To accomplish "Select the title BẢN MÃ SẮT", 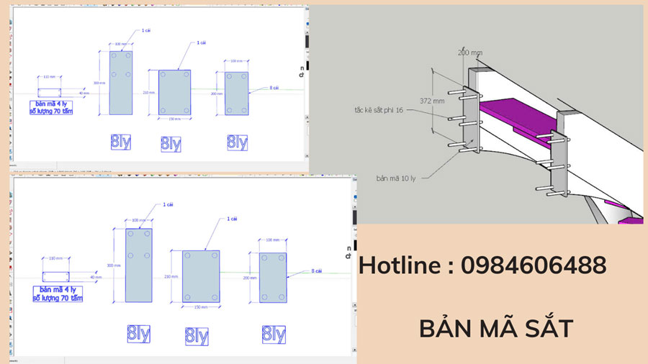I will pyautogui.click(x=496, y=329).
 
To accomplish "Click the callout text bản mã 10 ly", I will pyautogui.click(x=399, y=176).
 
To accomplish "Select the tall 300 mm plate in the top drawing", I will pyautogui.click(x=120, y=82).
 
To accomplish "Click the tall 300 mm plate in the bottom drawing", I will pyautogui.click(x=139, y=265).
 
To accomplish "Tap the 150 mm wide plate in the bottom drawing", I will pyautogui.click(x=201, y=276).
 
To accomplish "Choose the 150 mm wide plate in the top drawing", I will pyautogui.click(x=173, y=92).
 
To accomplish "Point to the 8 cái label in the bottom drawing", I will pyautogui.click(x=316, y=271).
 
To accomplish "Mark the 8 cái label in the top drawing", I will pyautogui.click(x=274, y=88).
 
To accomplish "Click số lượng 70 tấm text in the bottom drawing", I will pyautogui.click(x=57, y=297).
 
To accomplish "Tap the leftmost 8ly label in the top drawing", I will pyautogui.click(x=120, y=141).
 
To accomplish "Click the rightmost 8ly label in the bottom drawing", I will pyautogui.click(x=274, y=334).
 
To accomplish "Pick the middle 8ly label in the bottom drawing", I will pyautogui.click(x=197, y=336).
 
